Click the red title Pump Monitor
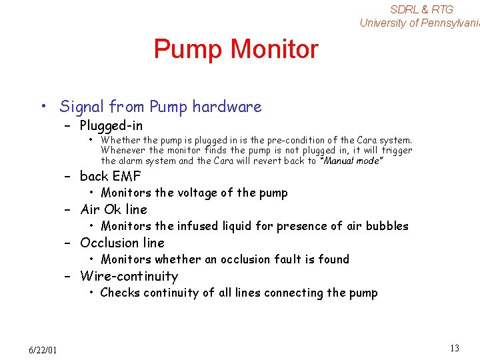(x=236, y=49)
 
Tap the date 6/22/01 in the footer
(x=43, y=350)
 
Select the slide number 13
(x=455, y=348)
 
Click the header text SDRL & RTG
(x=421, y=9)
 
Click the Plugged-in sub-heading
(x=111, y=125)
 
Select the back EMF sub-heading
(x=111, y=176)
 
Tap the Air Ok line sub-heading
(x=113, y=209)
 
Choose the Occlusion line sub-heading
(x=122, y=243)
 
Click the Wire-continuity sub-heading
(x=129, y=276)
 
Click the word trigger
(x=397, y=150)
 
